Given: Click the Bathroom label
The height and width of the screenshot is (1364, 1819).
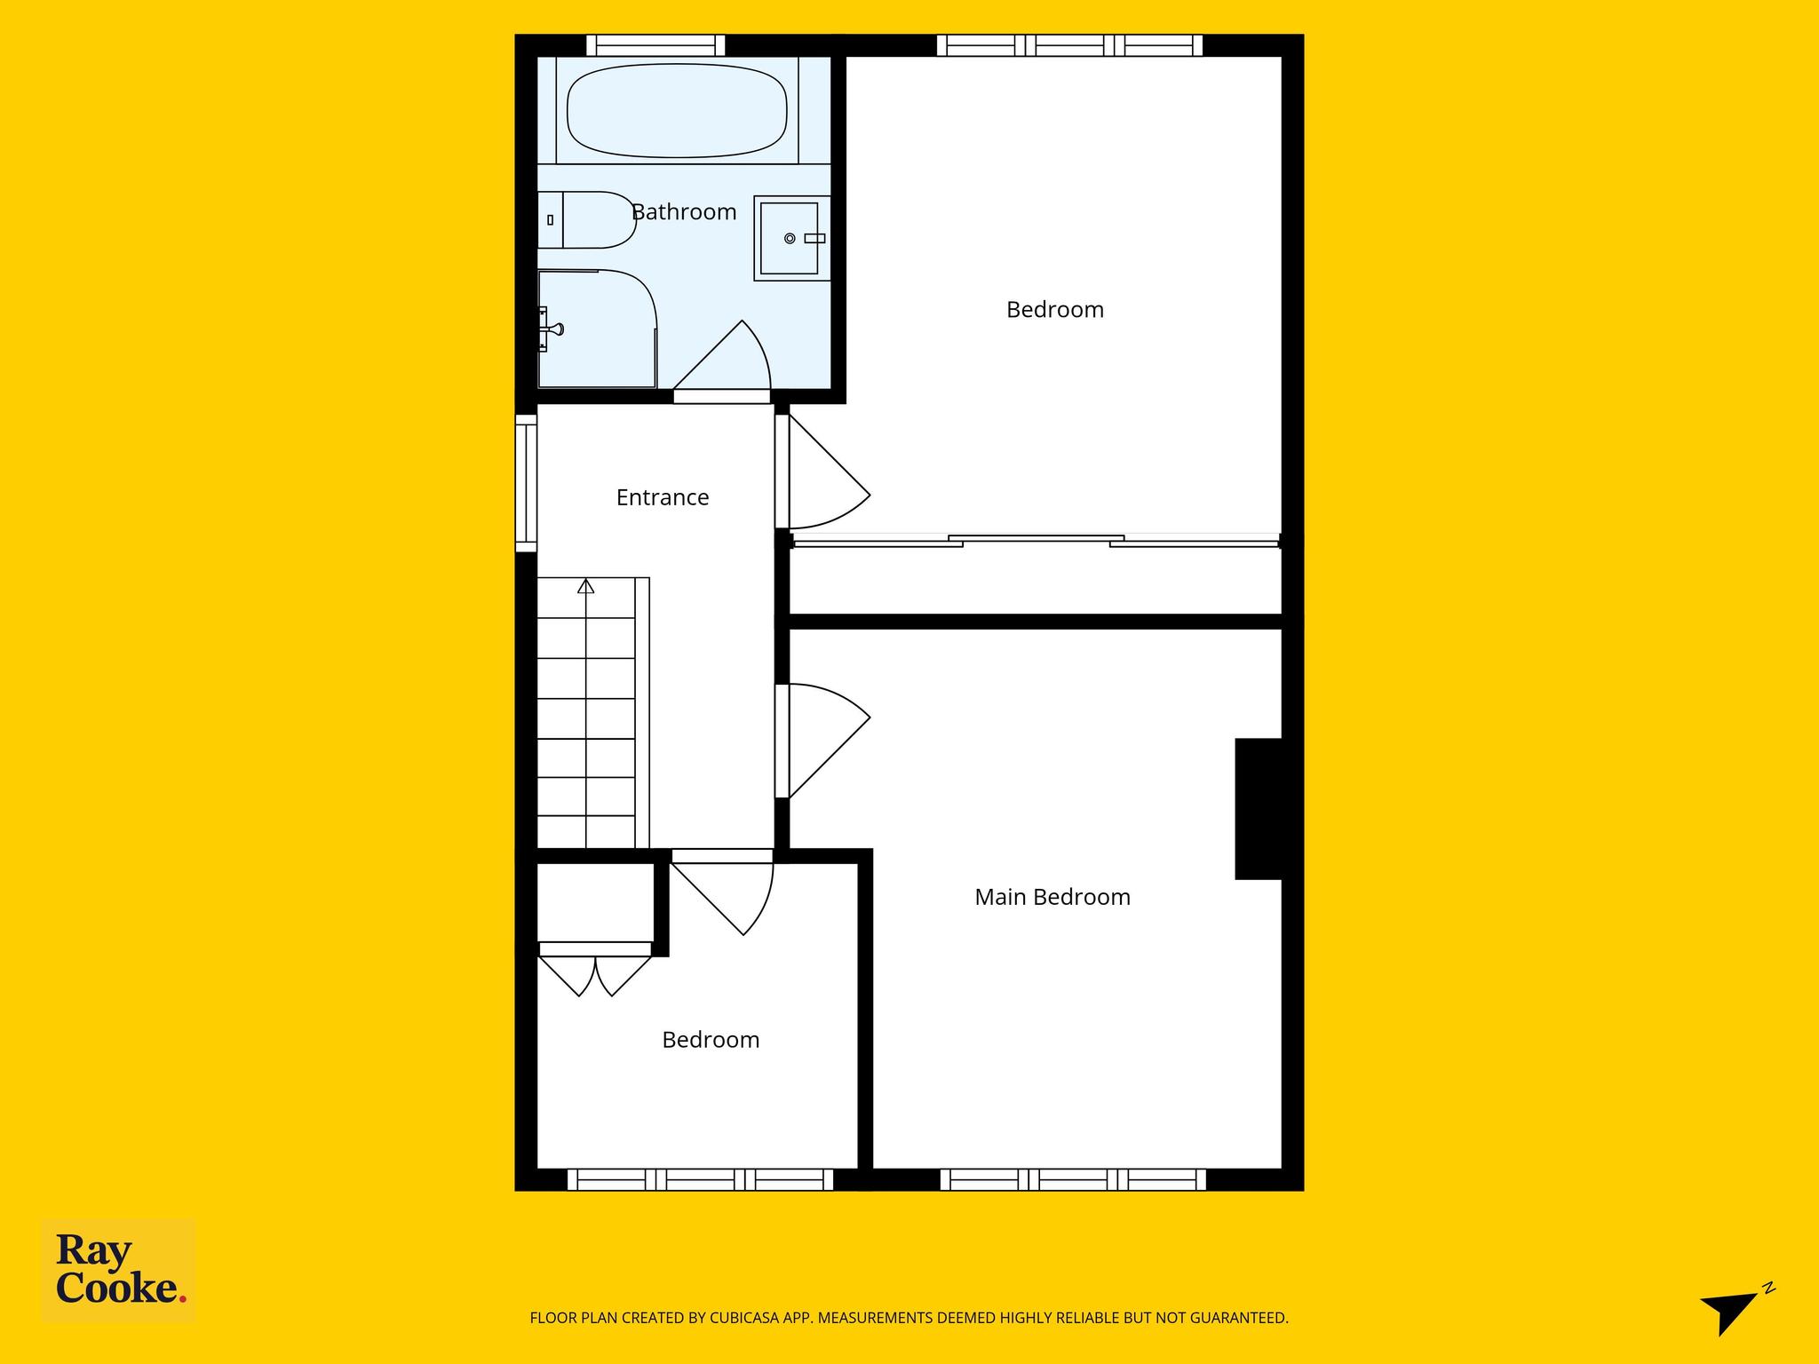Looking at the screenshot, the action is [684, 212].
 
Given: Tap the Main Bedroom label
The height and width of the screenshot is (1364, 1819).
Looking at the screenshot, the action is [1052, 897].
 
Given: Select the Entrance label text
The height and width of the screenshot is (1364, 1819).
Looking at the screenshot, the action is [663, 497].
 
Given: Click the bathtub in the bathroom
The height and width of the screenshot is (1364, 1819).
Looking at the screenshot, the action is [677, 110].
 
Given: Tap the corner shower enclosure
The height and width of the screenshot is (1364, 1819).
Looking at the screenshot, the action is [597, 329].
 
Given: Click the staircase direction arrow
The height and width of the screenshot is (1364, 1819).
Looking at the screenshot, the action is [585, 586].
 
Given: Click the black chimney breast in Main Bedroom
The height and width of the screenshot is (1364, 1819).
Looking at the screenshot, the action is [1259, 809].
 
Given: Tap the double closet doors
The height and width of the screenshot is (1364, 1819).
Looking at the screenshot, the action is [595, 975].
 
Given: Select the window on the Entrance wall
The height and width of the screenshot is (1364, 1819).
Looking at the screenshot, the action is [527, 483].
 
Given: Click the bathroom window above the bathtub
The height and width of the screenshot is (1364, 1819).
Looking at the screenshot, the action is [655, 45].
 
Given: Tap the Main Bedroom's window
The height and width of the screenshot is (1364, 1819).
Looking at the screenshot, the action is [1073, 1179].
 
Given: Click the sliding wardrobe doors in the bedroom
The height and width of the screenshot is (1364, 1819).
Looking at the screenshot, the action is [1036, 541].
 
